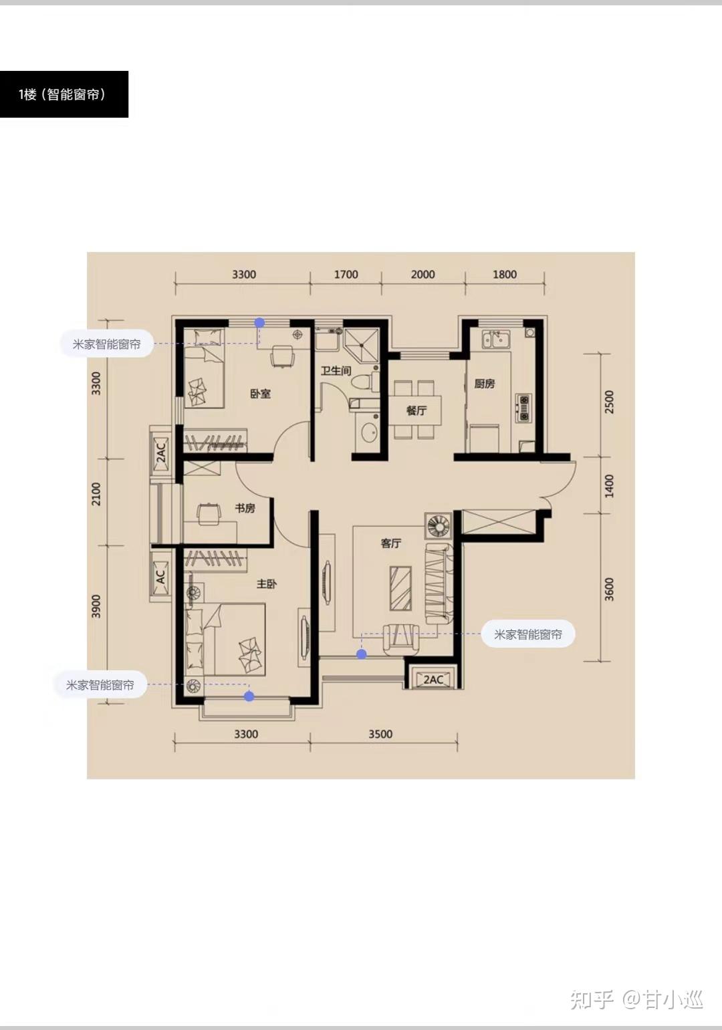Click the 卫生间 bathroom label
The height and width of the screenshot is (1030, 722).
pos(336,370)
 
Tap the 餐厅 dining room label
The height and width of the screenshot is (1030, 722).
pos(416,410)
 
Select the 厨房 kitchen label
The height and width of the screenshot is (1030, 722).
pos(485,384)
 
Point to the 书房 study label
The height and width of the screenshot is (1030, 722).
pos(245,508)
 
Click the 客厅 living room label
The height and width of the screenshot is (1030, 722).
pos(391,543)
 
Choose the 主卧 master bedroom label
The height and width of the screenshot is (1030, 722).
pos(267,584)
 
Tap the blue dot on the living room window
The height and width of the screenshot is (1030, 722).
pos(362,654)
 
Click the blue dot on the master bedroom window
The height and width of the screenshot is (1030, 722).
pos(249,696)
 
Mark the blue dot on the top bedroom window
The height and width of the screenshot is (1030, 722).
pos(260,323)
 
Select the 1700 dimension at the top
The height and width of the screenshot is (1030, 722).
pos(346,275)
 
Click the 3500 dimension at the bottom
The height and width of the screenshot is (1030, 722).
pos(380,734)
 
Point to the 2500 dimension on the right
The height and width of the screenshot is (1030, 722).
pos(609,402)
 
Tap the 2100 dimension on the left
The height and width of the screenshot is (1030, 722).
pos(96,494)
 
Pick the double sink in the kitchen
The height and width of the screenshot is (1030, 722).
pos(495,339)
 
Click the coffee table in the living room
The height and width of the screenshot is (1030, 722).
pos(400,589)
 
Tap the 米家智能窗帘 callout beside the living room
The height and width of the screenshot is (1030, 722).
pos(528,634)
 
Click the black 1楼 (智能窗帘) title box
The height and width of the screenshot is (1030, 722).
pos(64,94)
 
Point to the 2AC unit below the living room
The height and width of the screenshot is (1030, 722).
pos(433,680)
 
